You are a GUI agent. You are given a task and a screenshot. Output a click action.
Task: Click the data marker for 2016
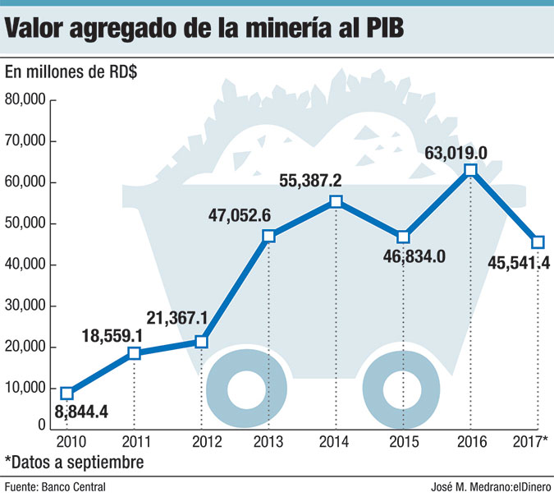pyautogui.click(x=469, y=170)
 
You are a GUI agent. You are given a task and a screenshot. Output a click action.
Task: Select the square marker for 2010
pyautogui.click(x=67, y=393)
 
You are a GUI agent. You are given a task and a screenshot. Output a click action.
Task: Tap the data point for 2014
pyautogui.click(x=336, y=202)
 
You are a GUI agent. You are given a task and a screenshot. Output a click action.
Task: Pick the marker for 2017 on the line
pyautogui.click(x=538, y=242)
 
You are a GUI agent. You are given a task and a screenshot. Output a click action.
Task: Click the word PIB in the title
pyautogui.click(x=380, y=32)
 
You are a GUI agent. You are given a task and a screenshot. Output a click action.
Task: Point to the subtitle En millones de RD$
pyautogui.click(x=71, y=71)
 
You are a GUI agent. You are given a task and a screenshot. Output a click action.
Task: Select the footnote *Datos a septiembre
pyautogui.click(x=74, y=462)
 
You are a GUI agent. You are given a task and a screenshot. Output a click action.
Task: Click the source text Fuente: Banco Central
pyautogui.click(x=54, y=487)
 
